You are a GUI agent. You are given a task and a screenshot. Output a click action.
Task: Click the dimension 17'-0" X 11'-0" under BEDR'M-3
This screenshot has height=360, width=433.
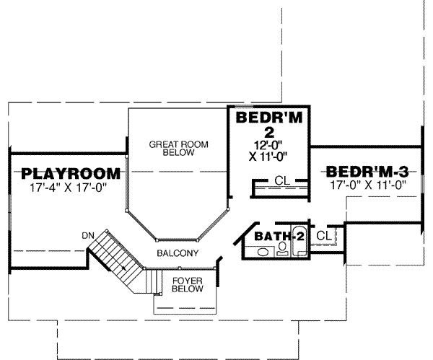(367, 185)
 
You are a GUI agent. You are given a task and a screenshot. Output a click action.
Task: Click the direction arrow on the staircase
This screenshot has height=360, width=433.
(124, 267)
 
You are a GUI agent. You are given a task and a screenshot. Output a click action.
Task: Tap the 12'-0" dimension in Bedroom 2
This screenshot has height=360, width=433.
(266, 144)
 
